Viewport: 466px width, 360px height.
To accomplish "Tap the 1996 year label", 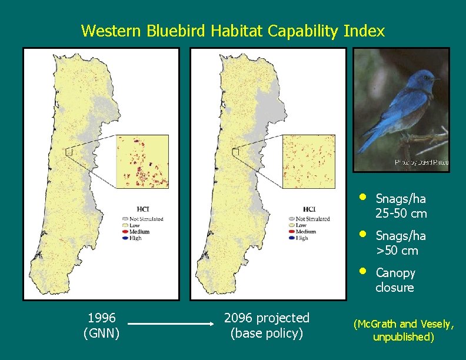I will (x=101, y=318).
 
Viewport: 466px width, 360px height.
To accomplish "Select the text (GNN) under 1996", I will (x=101, y=334).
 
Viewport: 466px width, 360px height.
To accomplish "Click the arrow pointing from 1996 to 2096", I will (x=171, y=324).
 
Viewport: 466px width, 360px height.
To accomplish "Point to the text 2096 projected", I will (x=267, y=318).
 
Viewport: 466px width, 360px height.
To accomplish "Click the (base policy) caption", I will (x=267, y=334).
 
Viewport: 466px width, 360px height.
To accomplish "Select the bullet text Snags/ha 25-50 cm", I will (x=401, y=206).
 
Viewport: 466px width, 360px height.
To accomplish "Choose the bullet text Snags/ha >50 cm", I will (x=401, y=243).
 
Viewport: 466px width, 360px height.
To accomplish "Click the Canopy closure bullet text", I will (x=395, y=280).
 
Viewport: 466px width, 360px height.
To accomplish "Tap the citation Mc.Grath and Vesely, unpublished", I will (x=403, y=330).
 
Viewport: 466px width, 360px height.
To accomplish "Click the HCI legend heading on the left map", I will (x=142, y=209).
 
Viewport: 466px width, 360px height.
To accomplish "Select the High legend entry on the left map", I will (x=136, y=238).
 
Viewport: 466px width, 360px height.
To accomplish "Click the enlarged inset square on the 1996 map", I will (x=142, y=162).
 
